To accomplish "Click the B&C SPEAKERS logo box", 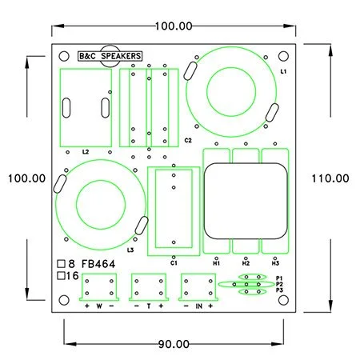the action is tap(110, 56).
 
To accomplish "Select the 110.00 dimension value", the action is tap(330, 178).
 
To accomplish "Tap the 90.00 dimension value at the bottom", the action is tap(174, 344).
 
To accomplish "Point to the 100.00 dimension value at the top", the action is tap(174, 26).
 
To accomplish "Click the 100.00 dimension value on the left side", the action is tap(26, 178).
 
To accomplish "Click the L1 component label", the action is tap(283, 71).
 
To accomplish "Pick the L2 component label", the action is tap(86, 152).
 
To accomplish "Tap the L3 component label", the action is tap(130, 250).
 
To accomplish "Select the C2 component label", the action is tap(188, 140).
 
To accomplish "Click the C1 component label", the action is tap(174, 263).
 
